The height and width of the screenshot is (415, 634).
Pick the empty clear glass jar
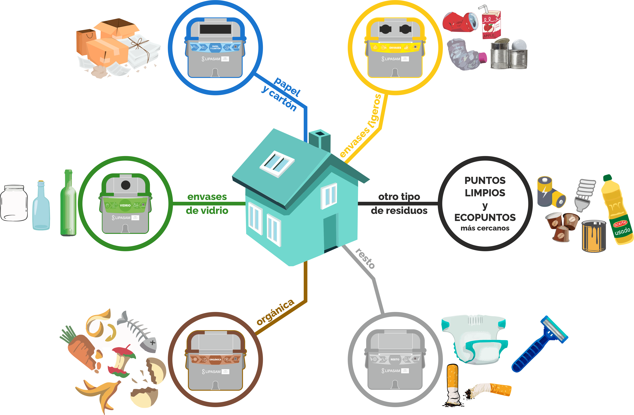point(14,203)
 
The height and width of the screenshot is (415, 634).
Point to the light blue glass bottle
point(41,207)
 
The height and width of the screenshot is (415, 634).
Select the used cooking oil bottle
point(617,211)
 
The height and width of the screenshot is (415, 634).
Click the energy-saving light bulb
point(585,195)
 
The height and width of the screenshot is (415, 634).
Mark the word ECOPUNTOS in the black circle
point(485,217)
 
